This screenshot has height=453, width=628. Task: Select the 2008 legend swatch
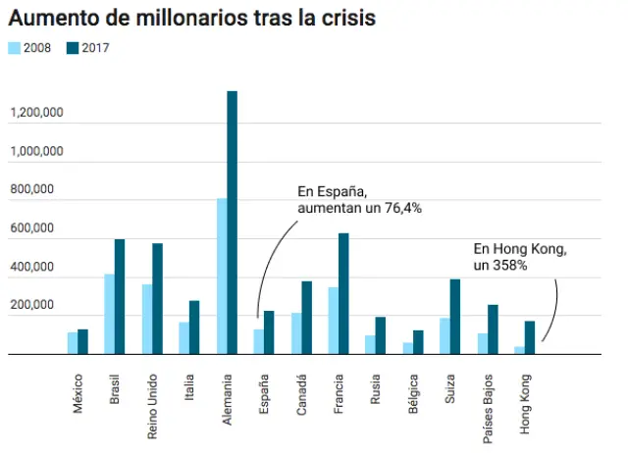click(16, 47)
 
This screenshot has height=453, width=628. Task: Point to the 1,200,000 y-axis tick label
click(37, 114)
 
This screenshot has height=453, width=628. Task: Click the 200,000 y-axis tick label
click(42, 307)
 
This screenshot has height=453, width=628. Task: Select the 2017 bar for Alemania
click(232, 224)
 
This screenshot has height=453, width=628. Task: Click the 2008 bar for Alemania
click(221, 277)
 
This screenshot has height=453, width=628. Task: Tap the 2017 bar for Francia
click(343, 294)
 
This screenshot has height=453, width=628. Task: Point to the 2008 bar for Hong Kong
click(519, 350)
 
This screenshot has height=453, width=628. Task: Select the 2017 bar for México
click(82, 342)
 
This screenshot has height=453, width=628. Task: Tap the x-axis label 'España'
click(262, 393)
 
